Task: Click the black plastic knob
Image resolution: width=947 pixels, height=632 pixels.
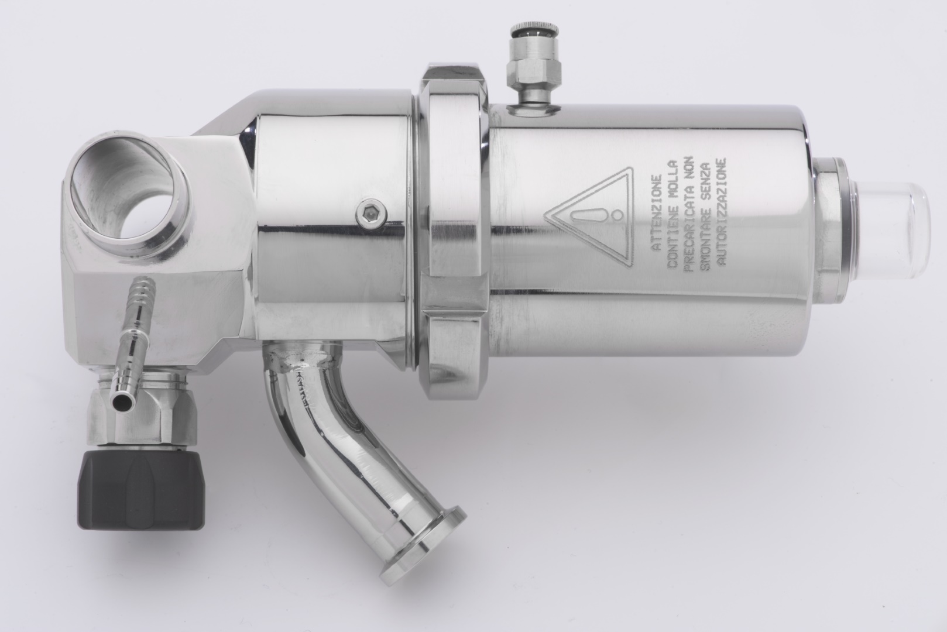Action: click(141, 492)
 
